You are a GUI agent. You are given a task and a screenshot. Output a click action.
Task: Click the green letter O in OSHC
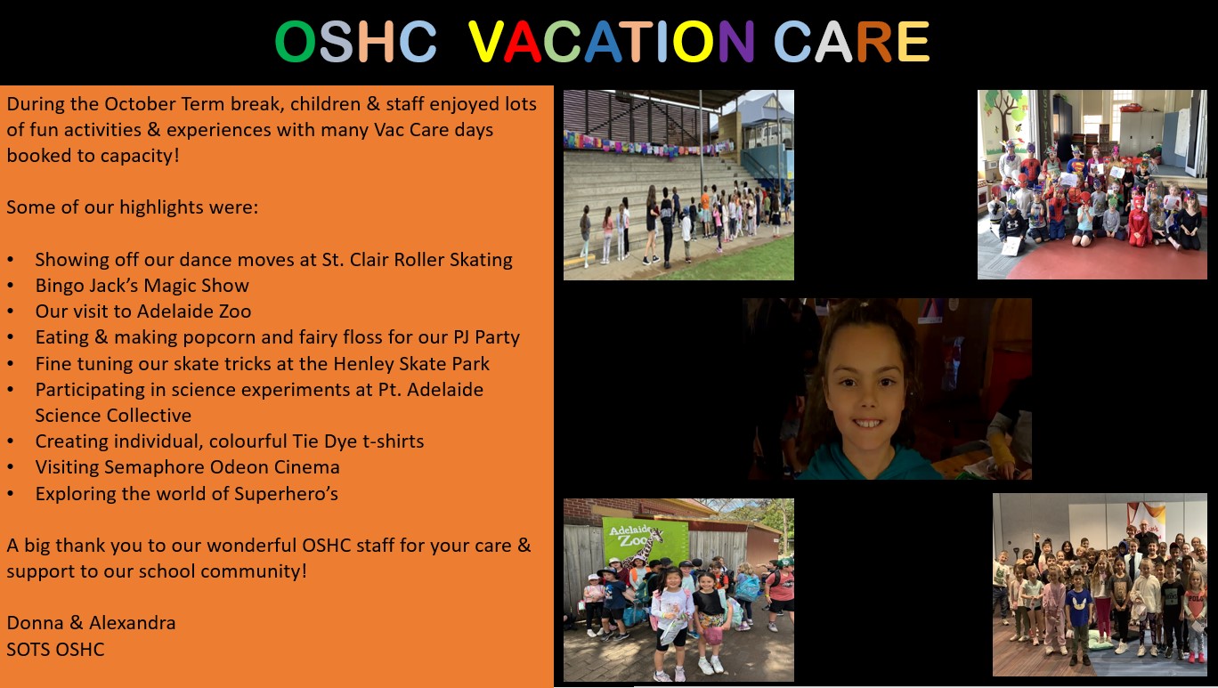296,42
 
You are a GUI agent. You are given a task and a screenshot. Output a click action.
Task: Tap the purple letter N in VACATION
736,42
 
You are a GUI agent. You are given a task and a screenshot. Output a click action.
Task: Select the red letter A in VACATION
522,42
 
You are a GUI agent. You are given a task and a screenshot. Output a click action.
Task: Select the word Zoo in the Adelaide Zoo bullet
234,312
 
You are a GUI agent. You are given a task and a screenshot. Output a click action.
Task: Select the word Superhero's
286,494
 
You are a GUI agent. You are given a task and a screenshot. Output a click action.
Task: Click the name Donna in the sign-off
35,623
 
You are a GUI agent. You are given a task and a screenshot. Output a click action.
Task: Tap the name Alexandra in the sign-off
132,623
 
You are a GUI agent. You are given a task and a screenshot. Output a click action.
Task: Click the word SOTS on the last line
25,650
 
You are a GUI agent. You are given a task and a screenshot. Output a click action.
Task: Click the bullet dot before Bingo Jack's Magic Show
11,286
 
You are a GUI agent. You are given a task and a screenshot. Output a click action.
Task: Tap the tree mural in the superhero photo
1003,117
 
